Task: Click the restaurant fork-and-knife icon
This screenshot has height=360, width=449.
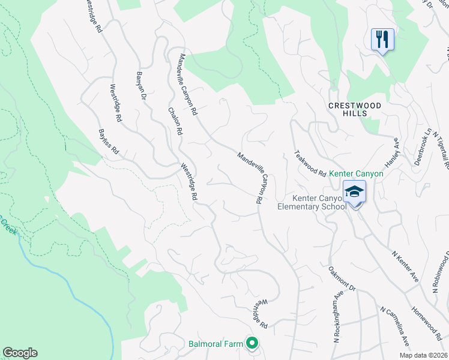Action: coord(382,40)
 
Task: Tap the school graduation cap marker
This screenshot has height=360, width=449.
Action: coord(354,192)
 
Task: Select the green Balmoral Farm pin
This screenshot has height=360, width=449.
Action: coord(252,344)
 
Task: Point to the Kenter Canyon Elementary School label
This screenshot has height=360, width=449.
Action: coord(312,202)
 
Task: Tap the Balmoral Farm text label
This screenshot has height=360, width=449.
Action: coord(215,344)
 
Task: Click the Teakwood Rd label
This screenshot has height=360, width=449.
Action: coord(310,163)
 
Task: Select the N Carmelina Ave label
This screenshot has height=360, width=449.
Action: coord(394,326)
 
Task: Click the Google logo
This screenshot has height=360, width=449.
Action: coord(20,353)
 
